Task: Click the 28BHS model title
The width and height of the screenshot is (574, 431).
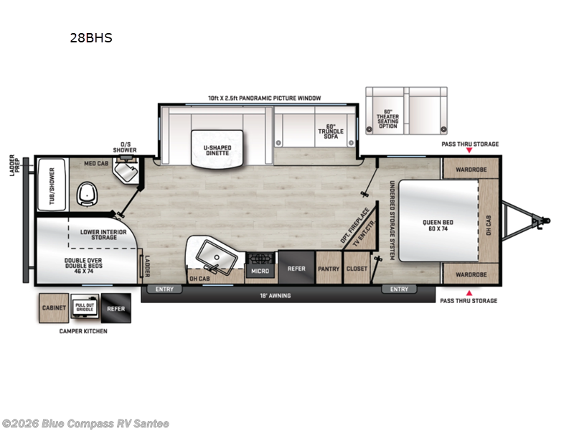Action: (90, 38)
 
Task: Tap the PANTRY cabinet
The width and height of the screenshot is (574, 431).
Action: (329, 269)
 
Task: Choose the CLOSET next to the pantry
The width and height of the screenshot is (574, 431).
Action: (356, 269)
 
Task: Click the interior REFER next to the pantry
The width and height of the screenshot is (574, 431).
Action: (296, 269)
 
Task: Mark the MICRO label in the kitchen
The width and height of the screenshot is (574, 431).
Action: (260, 272)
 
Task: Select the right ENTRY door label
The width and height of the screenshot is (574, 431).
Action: (398, 289)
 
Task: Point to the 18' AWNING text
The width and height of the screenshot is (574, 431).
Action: (277, 295)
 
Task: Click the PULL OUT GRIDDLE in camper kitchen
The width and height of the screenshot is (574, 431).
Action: (85, 307)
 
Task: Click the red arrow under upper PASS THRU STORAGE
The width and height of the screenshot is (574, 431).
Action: (470, 153)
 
